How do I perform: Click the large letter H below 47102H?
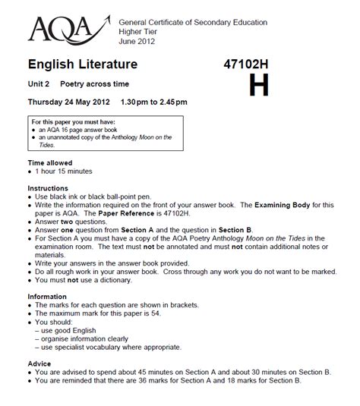point(259,86)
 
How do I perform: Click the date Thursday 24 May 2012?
point(69,102)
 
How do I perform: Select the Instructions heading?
point(48,187)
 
